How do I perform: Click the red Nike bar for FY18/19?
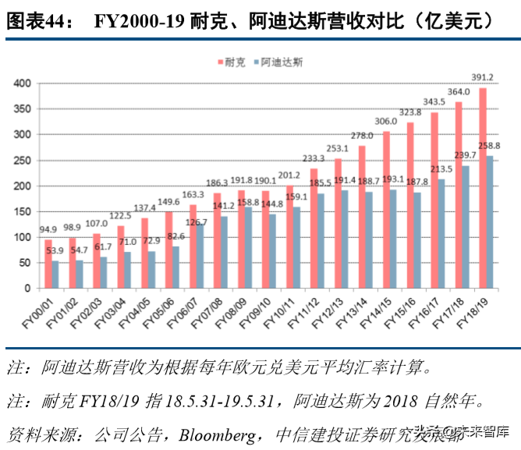pyautogui.click(x=483, y=187)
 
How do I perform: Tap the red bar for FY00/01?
pyautogui.click(x=48, y=264)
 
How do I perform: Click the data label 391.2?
pyautogui.click(x=482, y=77)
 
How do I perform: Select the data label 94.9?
pyautogui.click(x=48, y=229)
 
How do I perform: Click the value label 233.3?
pyautogui.click(x=314, y=158)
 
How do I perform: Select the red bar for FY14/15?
pyautogui.click(x=386, y=210)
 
